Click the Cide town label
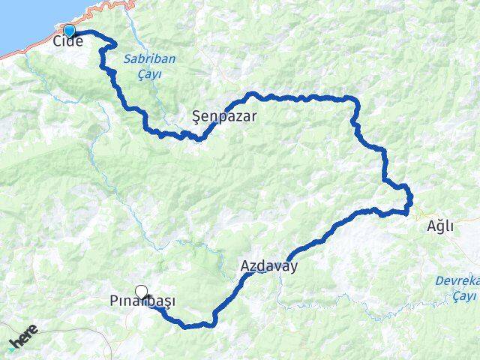coord(67,42)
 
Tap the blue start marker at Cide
coord(70,31)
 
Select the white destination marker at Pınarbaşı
coord(141,292)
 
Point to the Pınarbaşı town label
coord(142,302)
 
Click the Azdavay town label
coord(269,265)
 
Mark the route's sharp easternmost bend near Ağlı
coord(410,199)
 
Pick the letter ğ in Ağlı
coord(440,227)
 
